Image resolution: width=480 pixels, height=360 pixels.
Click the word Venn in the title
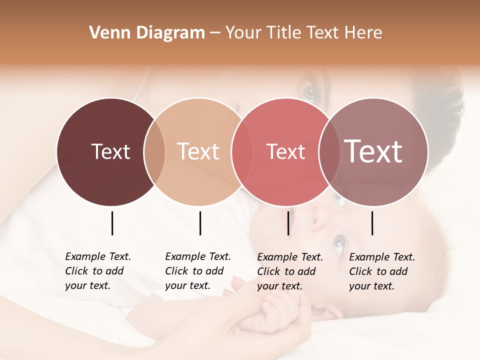click(105, 33)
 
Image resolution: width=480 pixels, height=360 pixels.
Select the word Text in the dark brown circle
click(110, 151)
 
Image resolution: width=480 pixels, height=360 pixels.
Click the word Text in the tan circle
click(198, 151)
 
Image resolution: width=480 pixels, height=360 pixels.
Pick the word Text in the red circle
click(285, 151)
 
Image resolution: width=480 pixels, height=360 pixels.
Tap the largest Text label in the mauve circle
click(373, 151)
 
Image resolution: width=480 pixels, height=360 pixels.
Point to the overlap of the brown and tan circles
click(154, 151)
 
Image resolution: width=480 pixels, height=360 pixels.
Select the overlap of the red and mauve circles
click(329, 151)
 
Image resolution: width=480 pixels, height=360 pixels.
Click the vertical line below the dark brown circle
click(112, 223)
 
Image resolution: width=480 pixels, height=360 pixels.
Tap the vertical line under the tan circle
click(200, 223)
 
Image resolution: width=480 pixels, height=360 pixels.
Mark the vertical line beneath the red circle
click(288, 223)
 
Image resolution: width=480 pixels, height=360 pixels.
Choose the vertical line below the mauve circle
click(372, 223)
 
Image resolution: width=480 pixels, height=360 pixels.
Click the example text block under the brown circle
click(97, 271)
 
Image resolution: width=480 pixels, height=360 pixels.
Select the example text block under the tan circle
click(197, 271)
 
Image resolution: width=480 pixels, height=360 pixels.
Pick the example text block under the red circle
click(289, 271)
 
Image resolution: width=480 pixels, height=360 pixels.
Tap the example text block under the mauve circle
click(381, 271)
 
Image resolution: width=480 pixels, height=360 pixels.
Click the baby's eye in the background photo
click(339, 242)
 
